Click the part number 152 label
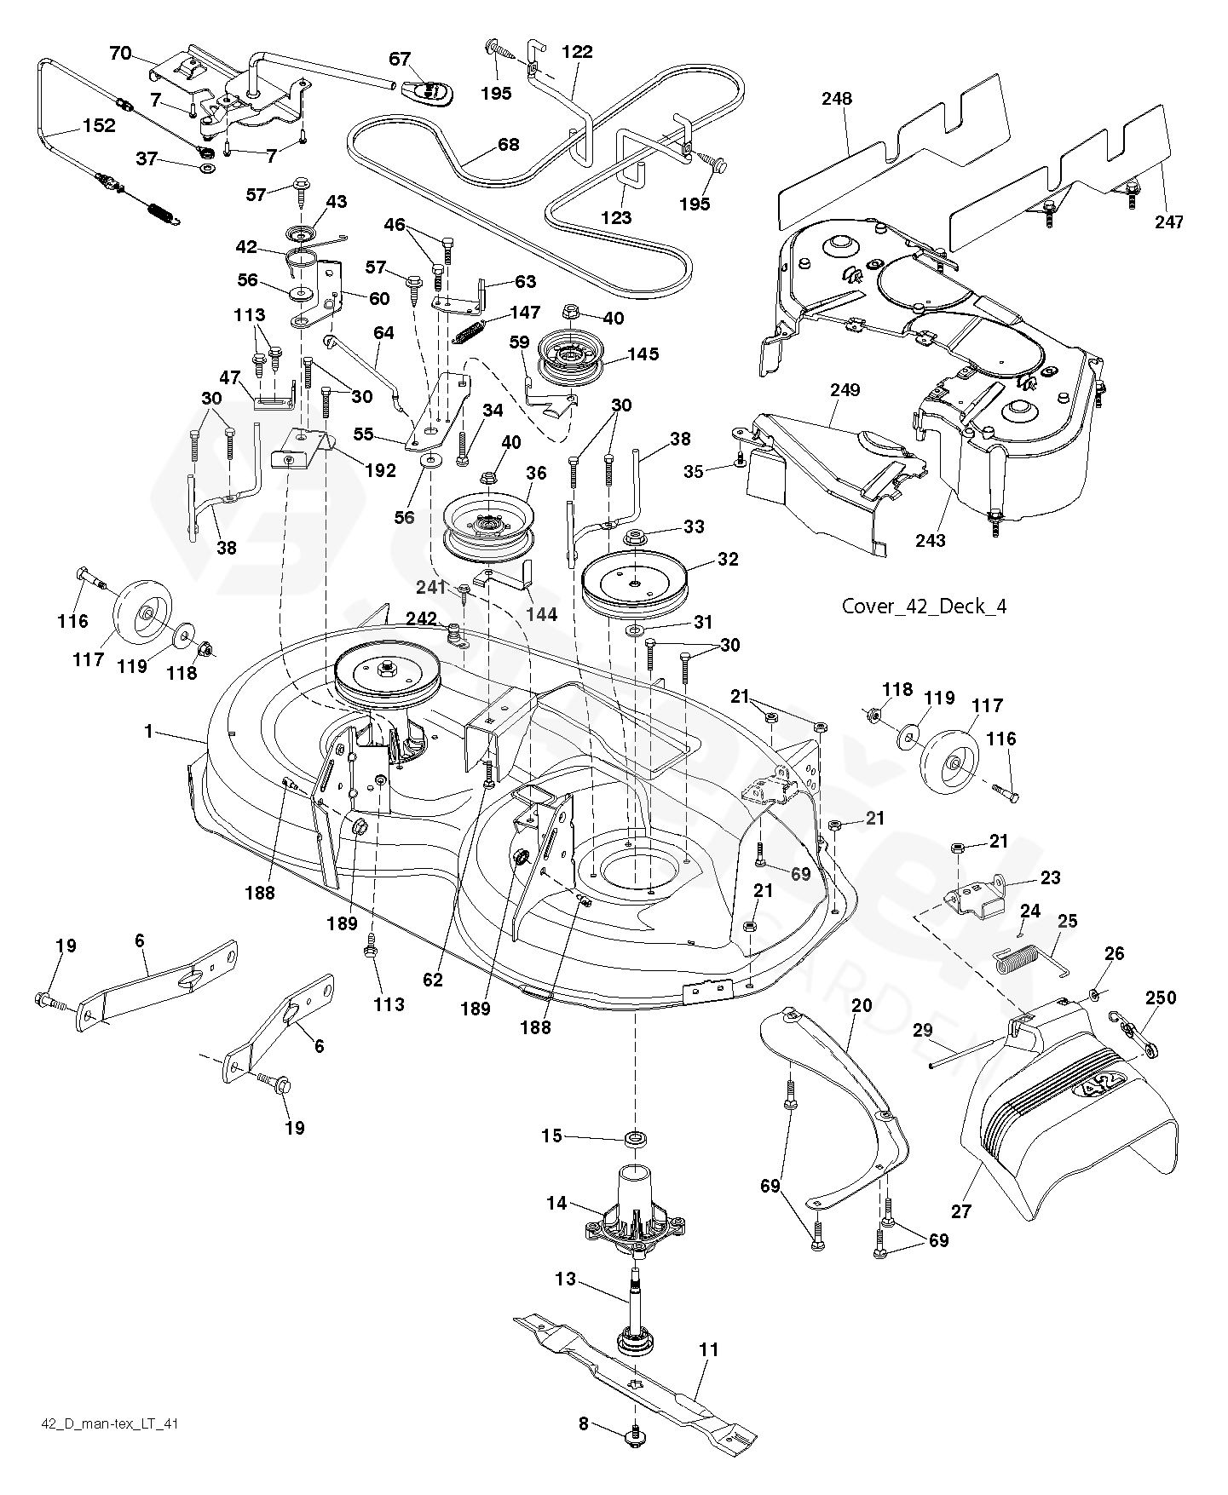click(x=99, y=125)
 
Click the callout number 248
click(x=837, y=99)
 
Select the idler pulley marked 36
click(x=487, y=524)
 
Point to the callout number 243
click(x=931, y=540)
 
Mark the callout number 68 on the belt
click(x=508, y=144)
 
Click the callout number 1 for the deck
click(x=150, y=731)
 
